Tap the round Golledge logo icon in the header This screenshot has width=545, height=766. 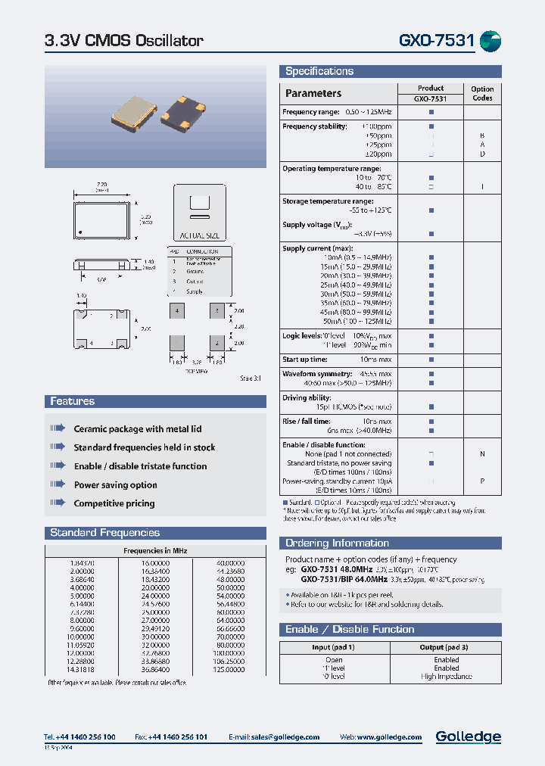pos(490,41)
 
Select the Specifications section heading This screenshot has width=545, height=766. pos(319,71)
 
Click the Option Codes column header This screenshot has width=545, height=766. pos(482,93)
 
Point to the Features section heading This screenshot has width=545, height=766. pos(73,401)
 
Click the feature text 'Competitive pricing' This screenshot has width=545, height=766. pos(114,503)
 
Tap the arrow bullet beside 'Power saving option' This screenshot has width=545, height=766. pos(58,485)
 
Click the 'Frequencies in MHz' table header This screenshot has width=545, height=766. pos(155,551)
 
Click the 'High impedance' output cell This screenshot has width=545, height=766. pos(446,677)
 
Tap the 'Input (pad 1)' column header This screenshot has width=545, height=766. pos(333,647)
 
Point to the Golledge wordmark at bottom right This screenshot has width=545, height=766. pos(468,736)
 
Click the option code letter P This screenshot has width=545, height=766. pos(482,481)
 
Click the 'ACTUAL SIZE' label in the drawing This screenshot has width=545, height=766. pos(200,235)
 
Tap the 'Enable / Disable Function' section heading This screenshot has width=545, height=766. pos(350,630)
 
